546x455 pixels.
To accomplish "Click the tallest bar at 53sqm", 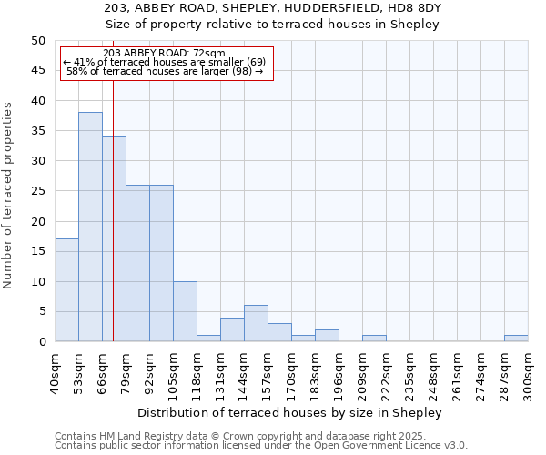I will coord(90,227).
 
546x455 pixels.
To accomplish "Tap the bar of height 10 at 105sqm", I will coord(185,311).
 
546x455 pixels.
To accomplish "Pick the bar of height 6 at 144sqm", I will coord(256,323).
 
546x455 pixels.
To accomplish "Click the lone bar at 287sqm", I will coord(516,339).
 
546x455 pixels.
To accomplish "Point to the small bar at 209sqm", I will coord(374,339).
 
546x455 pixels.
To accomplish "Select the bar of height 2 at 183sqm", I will coord(327,336).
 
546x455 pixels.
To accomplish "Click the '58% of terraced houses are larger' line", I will coord(165,71).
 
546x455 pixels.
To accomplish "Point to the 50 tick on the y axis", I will coord(37,41).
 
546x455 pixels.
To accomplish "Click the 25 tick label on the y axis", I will coord(37,191).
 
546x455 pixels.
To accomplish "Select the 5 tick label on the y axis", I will coord(41,311).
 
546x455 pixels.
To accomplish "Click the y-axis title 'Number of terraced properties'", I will coord(8,195).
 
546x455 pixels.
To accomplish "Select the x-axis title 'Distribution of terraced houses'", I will coord(291,412).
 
